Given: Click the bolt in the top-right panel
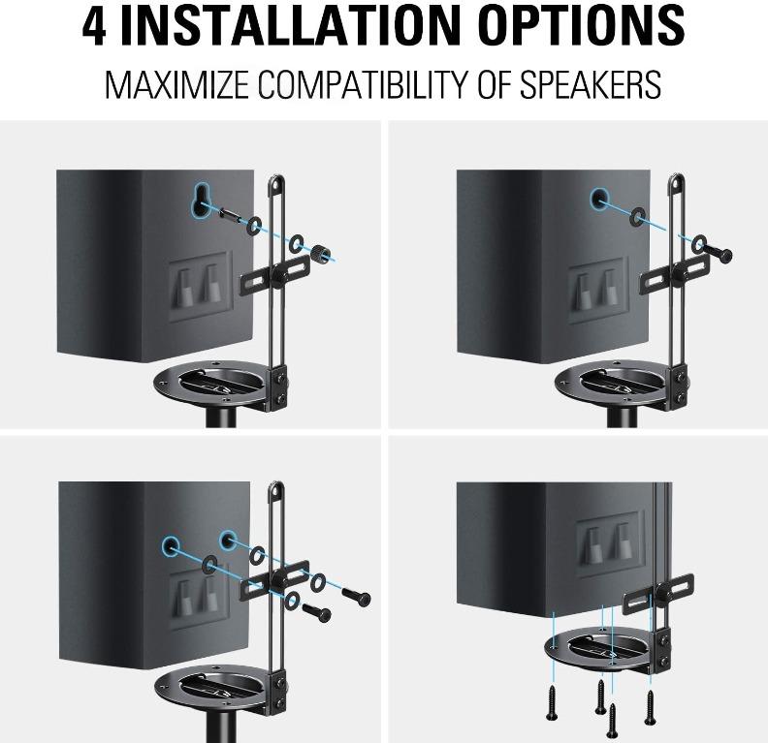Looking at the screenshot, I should point(720,254).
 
